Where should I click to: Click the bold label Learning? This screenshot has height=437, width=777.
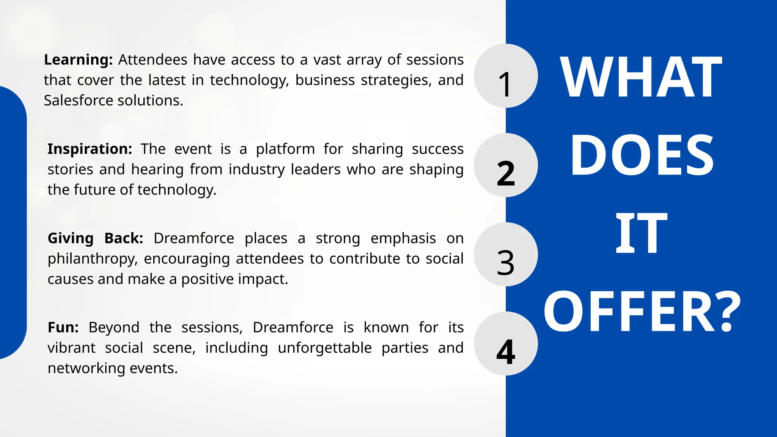pyautogui.click(x=78, y=60)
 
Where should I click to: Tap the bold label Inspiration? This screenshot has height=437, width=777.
pyautogui.click(x=90, y=149)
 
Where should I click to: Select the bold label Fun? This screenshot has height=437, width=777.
pyautogui.click(x=63, y=327)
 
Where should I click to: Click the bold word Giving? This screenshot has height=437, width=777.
pyautogui.click(x=71, y=239)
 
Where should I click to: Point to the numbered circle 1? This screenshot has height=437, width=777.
pyautogui.click(x=505, y=76)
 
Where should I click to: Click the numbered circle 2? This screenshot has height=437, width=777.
pyautogui.click(x=505, y=165)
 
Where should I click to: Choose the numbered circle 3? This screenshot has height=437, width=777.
pyautogui.click(x=505, y=255)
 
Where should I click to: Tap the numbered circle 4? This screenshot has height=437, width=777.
pyautogui.click(x=505, y=344)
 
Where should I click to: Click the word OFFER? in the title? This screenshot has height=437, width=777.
pyautogui.click(x=642, y=312)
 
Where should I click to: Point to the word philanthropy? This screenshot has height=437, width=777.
pyautogui.click(x=92, y=259)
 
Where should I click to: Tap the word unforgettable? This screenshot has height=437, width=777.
pyautogui.click(x=324, y=348)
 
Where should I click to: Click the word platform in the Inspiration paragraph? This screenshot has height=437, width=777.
pyautogui.click(x=285, y=149)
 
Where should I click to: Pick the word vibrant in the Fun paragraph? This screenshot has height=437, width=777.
pyautogui.click(x=71, y=348)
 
